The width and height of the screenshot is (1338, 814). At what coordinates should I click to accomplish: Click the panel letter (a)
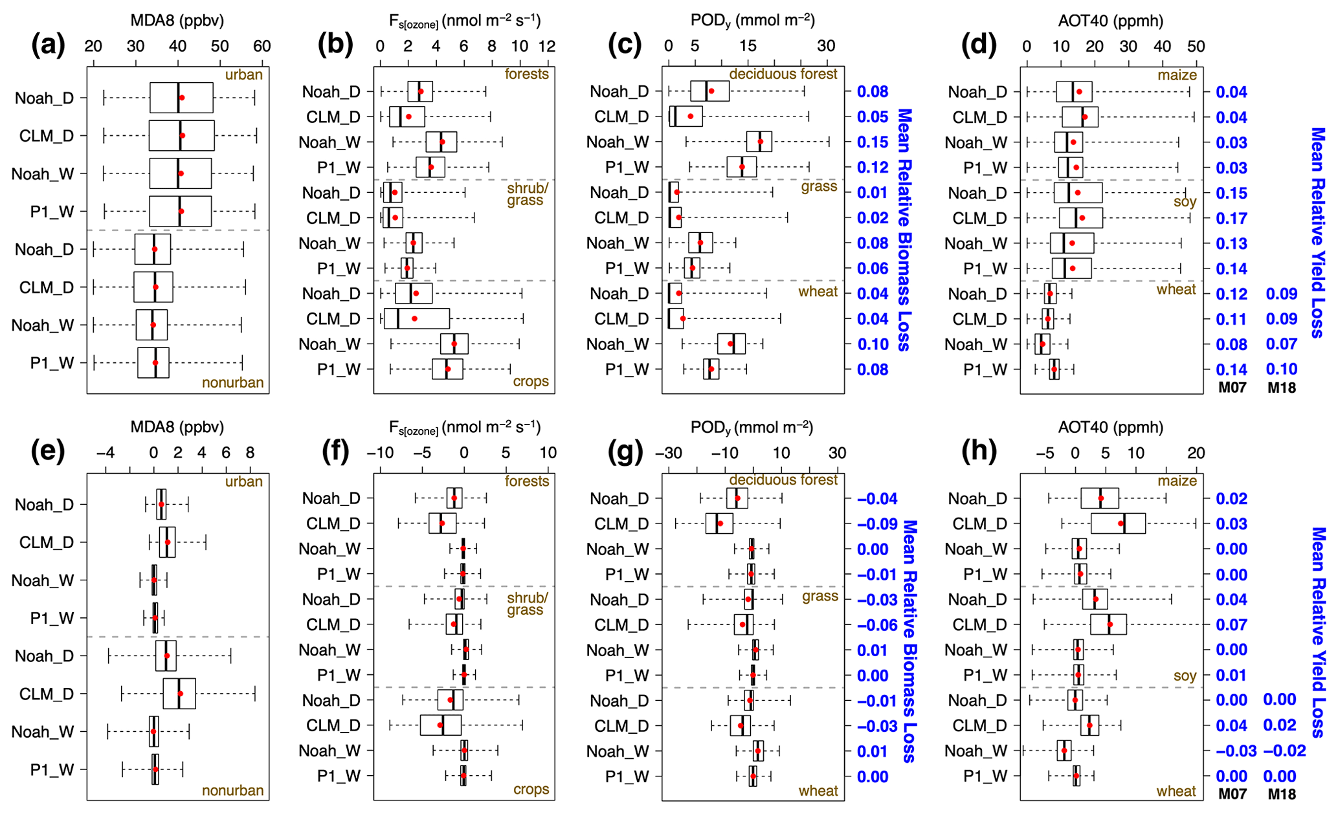pyautogui.click(x=48, y=45)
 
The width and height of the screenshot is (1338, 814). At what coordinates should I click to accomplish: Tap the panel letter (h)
pyautogui.click(x=979, y=452)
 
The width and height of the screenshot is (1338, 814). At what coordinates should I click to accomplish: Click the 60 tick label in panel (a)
pyautogui.click(x=262, y=47)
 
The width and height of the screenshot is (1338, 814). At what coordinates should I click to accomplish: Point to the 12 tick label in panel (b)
pyautogui.click(x=547, y=47)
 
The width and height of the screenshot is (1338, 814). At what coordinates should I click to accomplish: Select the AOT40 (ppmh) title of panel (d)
pyautogui.click(x=1111, y=21)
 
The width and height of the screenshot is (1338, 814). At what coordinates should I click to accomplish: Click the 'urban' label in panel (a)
pyautogui.click(x=243, y=75)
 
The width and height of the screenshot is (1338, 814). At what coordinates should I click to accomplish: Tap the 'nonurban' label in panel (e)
pyautogui.click(x=232, y=791)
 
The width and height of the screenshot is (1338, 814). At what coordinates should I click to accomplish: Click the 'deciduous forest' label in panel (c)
pyautogui.click(x=783, y=74)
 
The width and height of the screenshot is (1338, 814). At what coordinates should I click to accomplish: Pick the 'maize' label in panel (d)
pyautogui.click(x=1177, y=75)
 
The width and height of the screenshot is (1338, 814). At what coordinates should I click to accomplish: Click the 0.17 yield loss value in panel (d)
pyautogui.click(x=1231, y=218)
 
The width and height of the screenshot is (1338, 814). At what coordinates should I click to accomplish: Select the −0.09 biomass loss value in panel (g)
pyautogui.click(x=877, y=524)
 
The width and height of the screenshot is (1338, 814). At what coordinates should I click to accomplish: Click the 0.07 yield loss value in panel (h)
pyautogui.click(x=1231, y=625)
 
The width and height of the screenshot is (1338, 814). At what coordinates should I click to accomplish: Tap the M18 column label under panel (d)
pyautogui.click(x=1282, y=388)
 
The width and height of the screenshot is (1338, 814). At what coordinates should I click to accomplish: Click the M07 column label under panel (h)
pyautogui.click(x=1232, y=794)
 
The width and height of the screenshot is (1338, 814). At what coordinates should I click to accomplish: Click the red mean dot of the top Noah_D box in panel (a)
pyautogui.click(x=182, y=98)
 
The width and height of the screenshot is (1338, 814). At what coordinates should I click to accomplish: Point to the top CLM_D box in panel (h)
pyautogui.click(x=1118, y=523)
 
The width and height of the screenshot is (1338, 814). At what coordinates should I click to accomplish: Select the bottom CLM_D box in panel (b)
pyautogui.click(x=416, y=318)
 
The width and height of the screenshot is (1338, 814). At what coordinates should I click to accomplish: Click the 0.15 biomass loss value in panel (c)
pyautogui.click(x=873, y=142)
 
